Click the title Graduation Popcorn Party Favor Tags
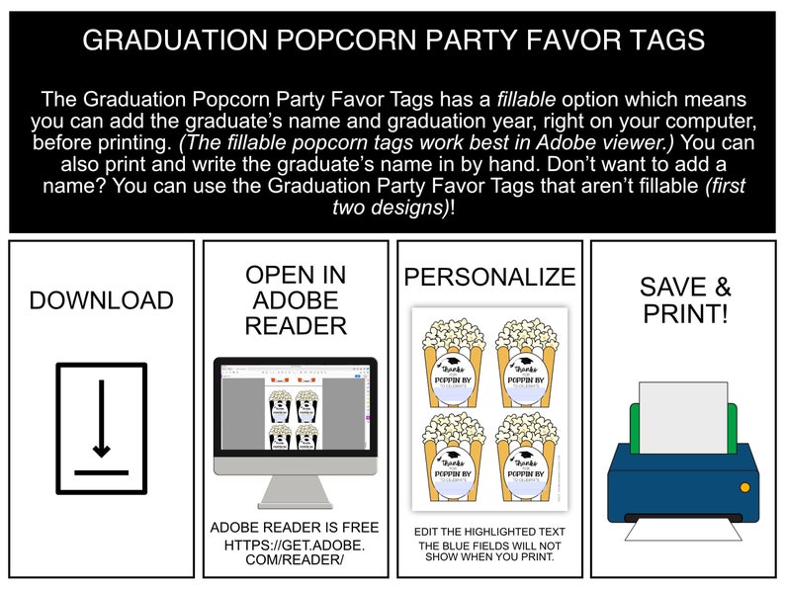(x=392, y=41)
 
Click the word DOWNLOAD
(x=101, y=300)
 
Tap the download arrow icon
(x=101, y=428)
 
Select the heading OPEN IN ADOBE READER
(x=296, y=299)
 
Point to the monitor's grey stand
(x=296, y=490)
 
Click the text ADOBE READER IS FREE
(x=295, y=528)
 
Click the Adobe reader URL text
(x=295, y=552)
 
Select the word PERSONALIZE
(x=489, y=278)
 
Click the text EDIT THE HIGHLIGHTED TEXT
(x=489, y=532)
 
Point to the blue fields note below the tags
(x=489, y=550)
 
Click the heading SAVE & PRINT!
(x=685, y=300)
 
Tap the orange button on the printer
(x=744, y=487)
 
